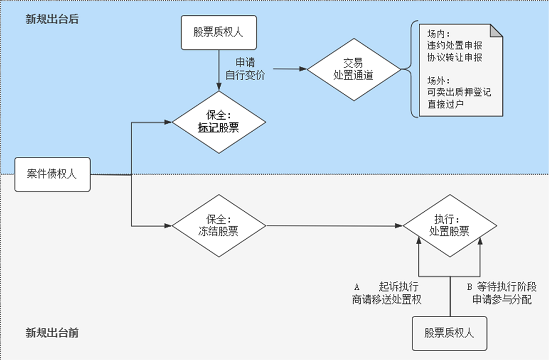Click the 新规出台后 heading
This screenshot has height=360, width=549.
click(x=52, y=20)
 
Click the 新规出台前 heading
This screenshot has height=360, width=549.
click(x=52, y=333)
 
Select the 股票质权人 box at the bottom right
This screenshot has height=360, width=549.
click(x=449, y=333)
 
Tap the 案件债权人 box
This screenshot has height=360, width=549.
click(x=52, y=175)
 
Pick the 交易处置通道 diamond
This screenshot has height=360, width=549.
click(x=353, y=70)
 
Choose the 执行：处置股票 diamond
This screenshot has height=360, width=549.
click(x=450, y=226)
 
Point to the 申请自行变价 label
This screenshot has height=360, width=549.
click(x=245, y=69)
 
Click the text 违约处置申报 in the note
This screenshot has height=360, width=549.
click(x=455, y=46)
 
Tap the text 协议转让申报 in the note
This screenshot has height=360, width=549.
click(x=455, y=57)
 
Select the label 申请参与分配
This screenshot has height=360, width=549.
click(x=502, y=300)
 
